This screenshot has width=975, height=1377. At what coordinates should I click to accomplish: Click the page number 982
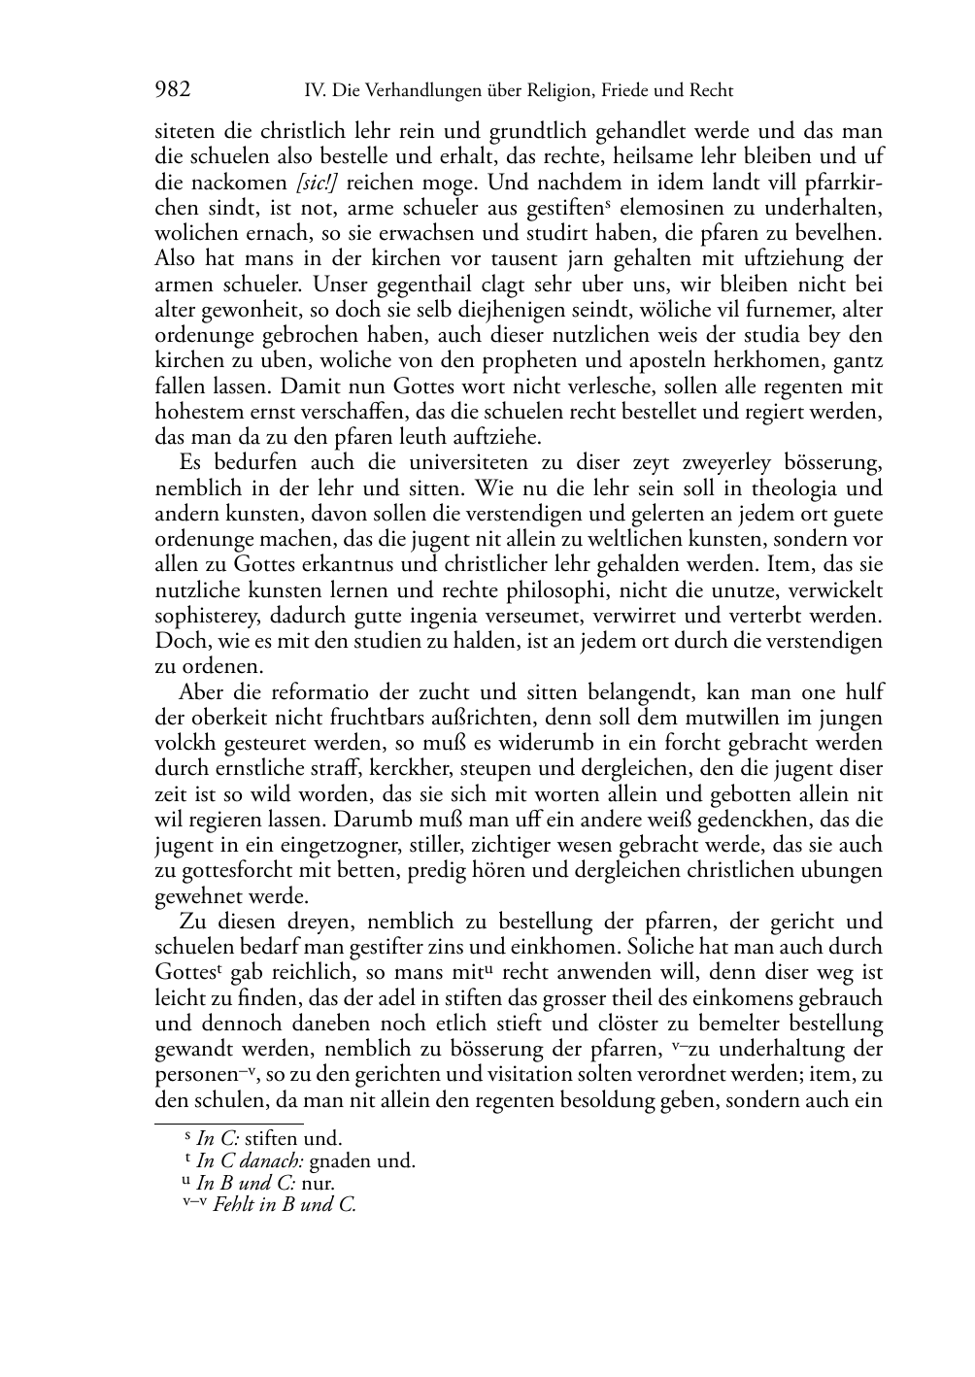(x=172, y=90)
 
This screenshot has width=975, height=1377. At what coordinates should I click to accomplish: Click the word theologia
(x=783, y=487)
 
